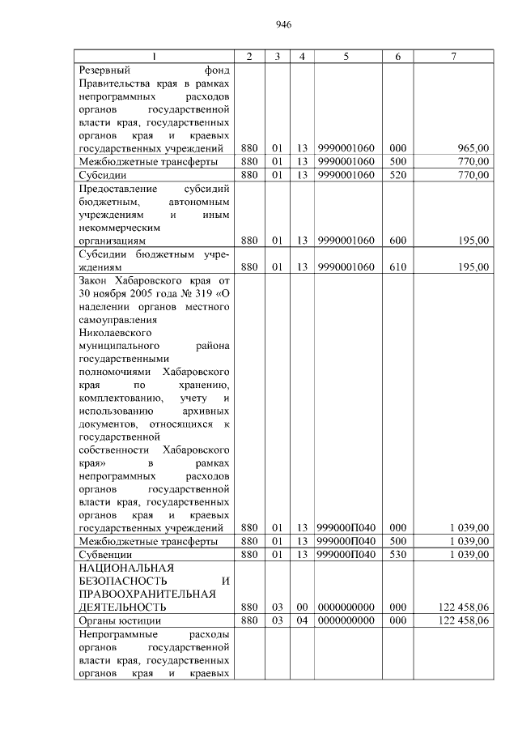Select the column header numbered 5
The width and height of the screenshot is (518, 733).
tap(346, 56)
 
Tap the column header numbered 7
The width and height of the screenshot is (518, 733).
tap(453, 56)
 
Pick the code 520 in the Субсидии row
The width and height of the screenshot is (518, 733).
tap(397, 174)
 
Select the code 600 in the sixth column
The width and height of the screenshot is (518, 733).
tap(397, 241)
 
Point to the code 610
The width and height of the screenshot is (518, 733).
tap(397, 266)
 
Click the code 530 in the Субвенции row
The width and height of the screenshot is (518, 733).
tap(397, 554)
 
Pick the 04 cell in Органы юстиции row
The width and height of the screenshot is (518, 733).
tap(301, 620)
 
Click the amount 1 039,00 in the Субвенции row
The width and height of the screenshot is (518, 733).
tap(469, 554)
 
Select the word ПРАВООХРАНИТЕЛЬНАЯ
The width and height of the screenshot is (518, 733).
tap(146, 594)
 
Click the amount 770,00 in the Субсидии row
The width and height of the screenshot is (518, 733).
tap(473, 174)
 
